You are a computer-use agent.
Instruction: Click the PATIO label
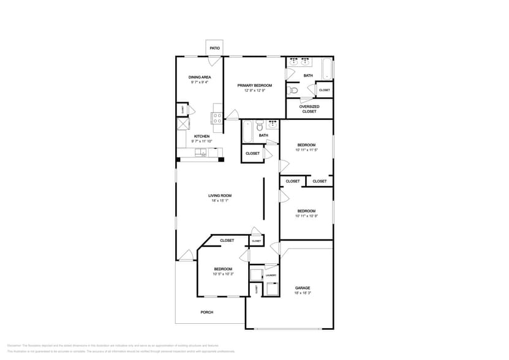pos(214,48)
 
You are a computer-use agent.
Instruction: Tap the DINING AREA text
pos(199,77)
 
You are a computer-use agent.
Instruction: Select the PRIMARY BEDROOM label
pos(255,85)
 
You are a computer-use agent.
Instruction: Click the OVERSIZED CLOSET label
pos(309,109)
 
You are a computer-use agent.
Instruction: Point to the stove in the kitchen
pos(217,118)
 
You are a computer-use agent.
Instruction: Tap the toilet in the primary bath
pos(293,91)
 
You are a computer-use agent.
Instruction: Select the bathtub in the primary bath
pos(328,69)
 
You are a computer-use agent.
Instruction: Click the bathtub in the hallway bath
pos(247,131)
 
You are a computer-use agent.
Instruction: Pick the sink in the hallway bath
pos(260,122)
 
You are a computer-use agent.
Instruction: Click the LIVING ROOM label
pos(220,196)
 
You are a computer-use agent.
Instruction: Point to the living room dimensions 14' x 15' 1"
pos(220,201)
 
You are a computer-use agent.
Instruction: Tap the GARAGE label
pos(303,288)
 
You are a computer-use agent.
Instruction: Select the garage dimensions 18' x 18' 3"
pos(303,293)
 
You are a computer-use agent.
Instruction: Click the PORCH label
pos(207,312)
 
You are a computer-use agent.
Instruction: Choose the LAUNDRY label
pos(271,276)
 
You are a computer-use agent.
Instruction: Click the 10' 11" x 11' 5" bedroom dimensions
pos(306,149)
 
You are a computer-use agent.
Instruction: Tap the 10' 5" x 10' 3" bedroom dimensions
pos(223,274)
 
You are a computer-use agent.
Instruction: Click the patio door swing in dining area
pos(213,61)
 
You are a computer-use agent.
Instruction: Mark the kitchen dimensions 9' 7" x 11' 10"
pos(202,141)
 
